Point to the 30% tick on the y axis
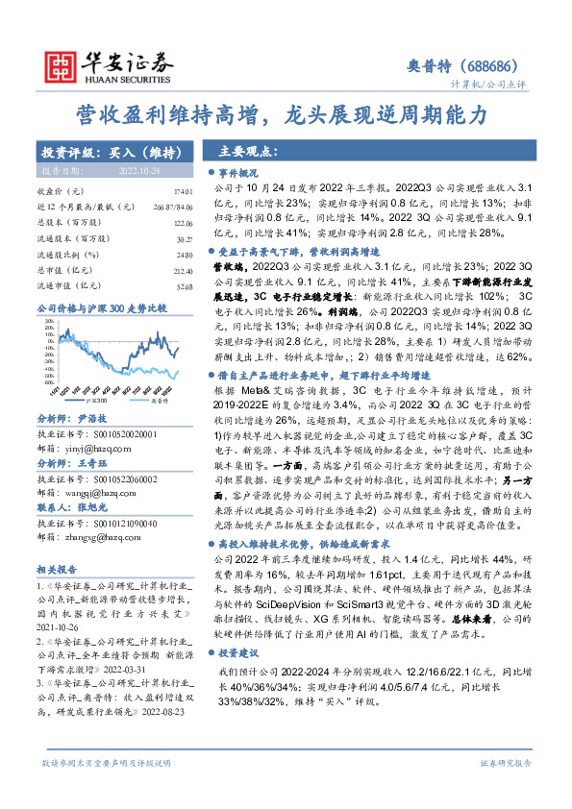click(x=46, y=323)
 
